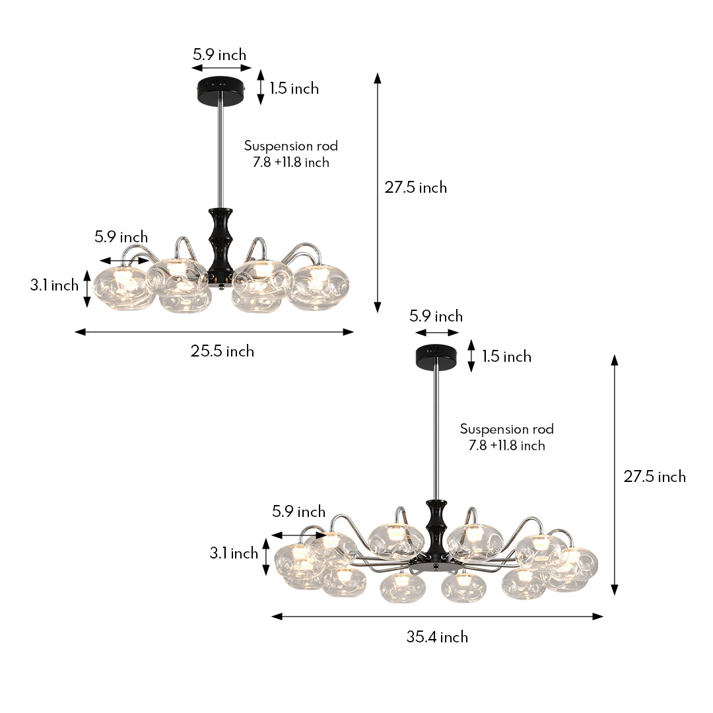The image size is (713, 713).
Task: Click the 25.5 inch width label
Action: (222, 351)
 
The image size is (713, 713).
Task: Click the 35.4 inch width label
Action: (437, 637)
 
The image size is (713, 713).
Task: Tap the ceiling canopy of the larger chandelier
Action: (436, 357)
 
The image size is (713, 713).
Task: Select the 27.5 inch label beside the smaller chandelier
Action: (416, 187)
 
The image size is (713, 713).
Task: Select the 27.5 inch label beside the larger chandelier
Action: (655, 477)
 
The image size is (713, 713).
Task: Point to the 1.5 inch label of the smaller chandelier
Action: (294, 88)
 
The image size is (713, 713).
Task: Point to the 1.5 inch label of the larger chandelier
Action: (506, 356)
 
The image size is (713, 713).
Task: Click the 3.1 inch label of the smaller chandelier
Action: (54, 285)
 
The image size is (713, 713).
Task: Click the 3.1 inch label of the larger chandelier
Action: (234, 553)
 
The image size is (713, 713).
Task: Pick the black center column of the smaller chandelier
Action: (220, 241)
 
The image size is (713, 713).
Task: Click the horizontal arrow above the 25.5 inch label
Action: (215, 332)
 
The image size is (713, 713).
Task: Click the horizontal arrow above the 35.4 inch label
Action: (437, 617)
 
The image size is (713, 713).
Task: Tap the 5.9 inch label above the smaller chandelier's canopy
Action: (219, 55)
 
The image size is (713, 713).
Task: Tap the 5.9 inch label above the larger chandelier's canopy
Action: (436, 316)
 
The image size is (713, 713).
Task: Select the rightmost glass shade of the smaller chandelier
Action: (321, 287)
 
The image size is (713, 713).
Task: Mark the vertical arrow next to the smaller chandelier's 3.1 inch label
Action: (86, 289)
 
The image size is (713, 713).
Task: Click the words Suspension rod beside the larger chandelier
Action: (507, 429)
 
